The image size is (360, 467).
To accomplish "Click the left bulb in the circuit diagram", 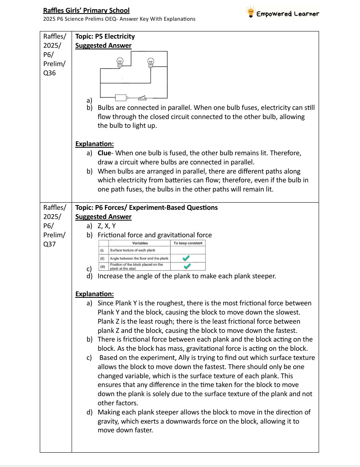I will click(x=119, y=61).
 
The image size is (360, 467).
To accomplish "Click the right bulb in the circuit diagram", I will click(x=151, y=61).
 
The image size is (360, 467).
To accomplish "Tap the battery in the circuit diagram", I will click(x=121, y=98).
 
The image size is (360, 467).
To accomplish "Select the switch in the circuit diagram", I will click(x=142, y=97).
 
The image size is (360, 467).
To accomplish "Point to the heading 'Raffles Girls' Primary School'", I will click(x=86, y=10).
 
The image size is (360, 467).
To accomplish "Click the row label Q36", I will click(x=49, y=73).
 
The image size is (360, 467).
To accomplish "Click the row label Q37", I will click(x=49, y=244).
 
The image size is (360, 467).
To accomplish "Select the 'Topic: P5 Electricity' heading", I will click(x=105, y=36).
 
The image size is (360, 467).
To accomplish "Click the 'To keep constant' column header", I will click(x=188, y=243).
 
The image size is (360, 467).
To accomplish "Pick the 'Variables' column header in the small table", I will click(x=140, y=243).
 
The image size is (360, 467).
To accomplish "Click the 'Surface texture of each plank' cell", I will click(x=132, y=250).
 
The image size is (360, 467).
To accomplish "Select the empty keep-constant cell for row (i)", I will click(x=188, y=250).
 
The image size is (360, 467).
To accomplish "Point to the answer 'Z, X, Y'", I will click(x=107, y=226).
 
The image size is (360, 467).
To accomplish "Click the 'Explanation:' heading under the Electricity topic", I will click(x=95, y=144).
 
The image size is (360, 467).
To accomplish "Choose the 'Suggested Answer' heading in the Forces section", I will click(x=103, y=217).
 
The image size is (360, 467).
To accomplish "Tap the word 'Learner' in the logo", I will click(x=306, y=14).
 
